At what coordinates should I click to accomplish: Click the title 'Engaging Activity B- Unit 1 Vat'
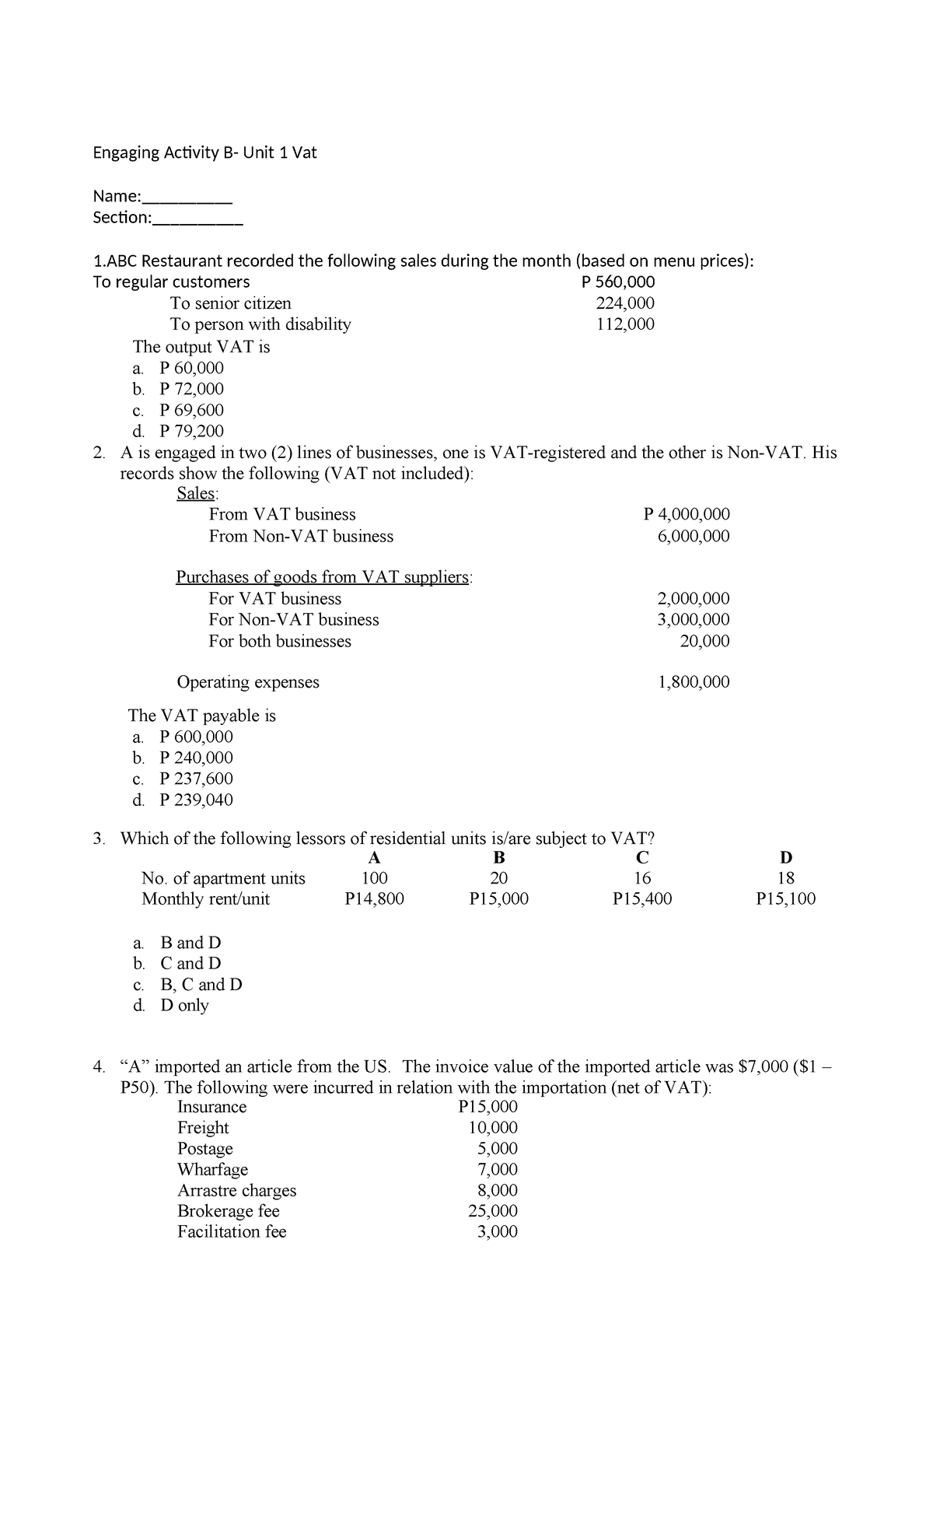pos(204,152)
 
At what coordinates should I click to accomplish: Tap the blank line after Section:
pos(197,219)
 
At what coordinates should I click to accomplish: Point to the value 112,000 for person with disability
pos(624,324)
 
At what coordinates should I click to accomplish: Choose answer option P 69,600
pos(190,410)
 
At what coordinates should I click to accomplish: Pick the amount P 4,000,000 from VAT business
pos(687,514)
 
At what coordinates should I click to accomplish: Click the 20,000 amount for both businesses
pos(704,641)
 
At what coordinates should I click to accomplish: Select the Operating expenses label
pos(248,682)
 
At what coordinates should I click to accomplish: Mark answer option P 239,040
pos(195,800)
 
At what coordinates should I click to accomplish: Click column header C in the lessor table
pos(641,858)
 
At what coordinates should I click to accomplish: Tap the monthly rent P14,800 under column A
pos(374,899)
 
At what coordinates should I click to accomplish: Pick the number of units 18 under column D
pos(785,878)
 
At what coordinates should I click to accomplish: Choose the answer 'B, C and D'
pos(201,984)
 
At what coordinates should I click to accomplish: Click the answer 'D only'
pos(184,1005)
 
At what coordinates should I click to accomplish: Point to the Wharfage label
pos(212,1169)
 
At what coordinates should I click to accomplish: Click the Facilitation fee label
pos(232,1231)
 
